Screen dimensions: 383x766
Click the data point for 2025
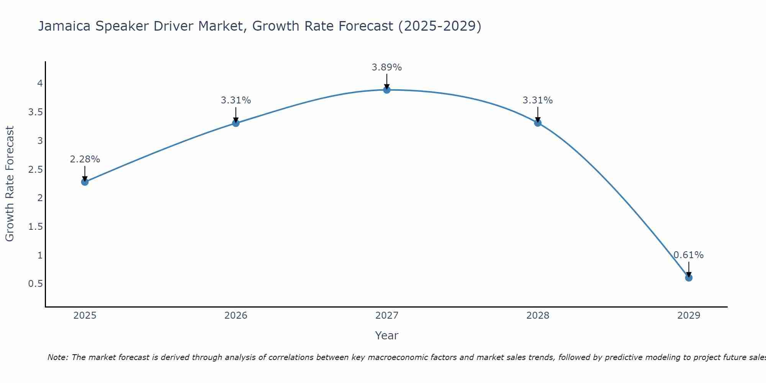pos(85,182)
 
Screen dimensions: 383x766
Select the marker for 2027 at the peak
pos(387,90)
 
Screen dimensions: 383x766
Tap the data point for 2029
pos(689,278)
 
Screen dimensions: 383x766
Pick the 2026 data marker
pos(236,123)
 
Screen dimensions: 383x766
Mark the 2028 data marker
pos(538,123)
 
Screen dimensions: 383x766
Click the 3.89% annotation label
pos(387,67)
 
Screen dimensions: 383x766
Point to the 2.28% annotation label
pos(85,159)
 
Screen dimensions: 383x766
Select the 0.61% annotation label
pos(689,255)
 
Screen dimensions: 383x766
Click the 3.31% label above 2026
pos(236,100)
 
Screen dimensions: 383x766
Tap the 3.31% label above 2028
pos(538,100)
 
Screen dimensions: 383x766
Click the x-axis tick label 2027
pos(387,316)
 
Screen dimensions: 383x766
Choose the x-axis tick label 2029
pos(689,316)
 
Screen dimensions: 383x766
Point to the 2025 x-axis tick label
pos(85,316)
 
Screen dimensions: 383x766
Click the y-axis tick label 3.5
pos(35,112)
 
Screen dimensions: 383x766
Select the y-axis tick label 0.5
pos(35,284)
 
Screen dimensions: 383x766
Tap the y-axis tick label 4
pos(39,83)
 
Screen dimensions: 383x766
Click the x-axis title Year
pos(387,336)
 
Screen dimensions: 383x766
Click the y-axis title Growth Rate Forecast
pos(10,184)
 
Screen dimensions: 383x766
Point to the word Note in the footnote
pos(57,357)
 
